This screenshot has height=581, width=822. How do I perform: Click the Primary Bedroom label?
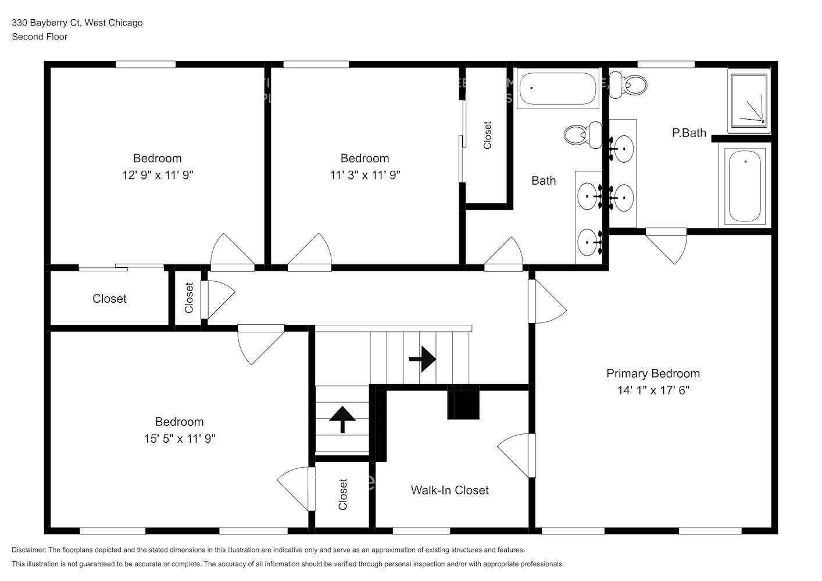click(x=653, y=374)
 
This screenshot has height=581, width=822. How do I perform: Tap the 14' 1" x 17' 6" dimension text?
click(x=653, y=390)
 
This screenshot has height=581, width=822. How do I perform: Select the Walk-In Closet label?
click(x=449, y=490)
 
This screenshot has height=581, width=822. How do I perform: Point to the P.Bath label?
click(x=689, y=133)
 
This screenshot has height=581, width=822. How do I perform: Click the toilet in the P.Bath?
click(x=628, y=85)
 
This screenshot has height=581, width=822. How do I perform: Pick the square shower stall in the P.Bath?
click(x=749, y=101)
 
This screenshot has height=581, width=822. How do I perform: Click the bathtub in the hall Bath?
click(x=558, y=88)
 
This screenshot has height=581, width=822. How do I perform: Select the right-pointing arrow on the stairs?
click(x=423, y=359)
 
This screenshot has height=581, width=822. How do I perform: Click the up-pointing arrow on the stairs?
click(x=342, y=419)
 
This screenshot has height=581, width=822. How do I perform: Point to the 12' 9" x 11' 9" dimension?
click(x=158, y=175)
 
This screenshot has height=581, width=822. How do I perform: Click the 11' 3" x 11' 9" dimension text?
click(x=364, y=175)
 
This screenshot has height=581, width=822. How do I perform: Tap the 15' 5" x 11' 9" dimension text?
click(x=180, y=438)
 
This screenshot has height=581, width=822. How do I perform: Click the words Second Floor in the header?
click(x=40, y=37)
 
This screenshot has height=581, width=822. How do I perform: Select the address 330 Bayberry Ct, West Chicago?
click(x=77, y=23)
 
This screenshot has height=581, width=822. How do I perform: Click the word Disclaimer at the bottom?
click(x=28, y=550)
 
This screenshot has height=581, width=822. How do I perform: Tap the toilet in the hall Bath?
click(x=583, y=135)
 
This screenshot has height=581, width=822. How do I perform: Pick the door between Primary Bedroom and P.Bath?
click(x=666, y=246)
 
